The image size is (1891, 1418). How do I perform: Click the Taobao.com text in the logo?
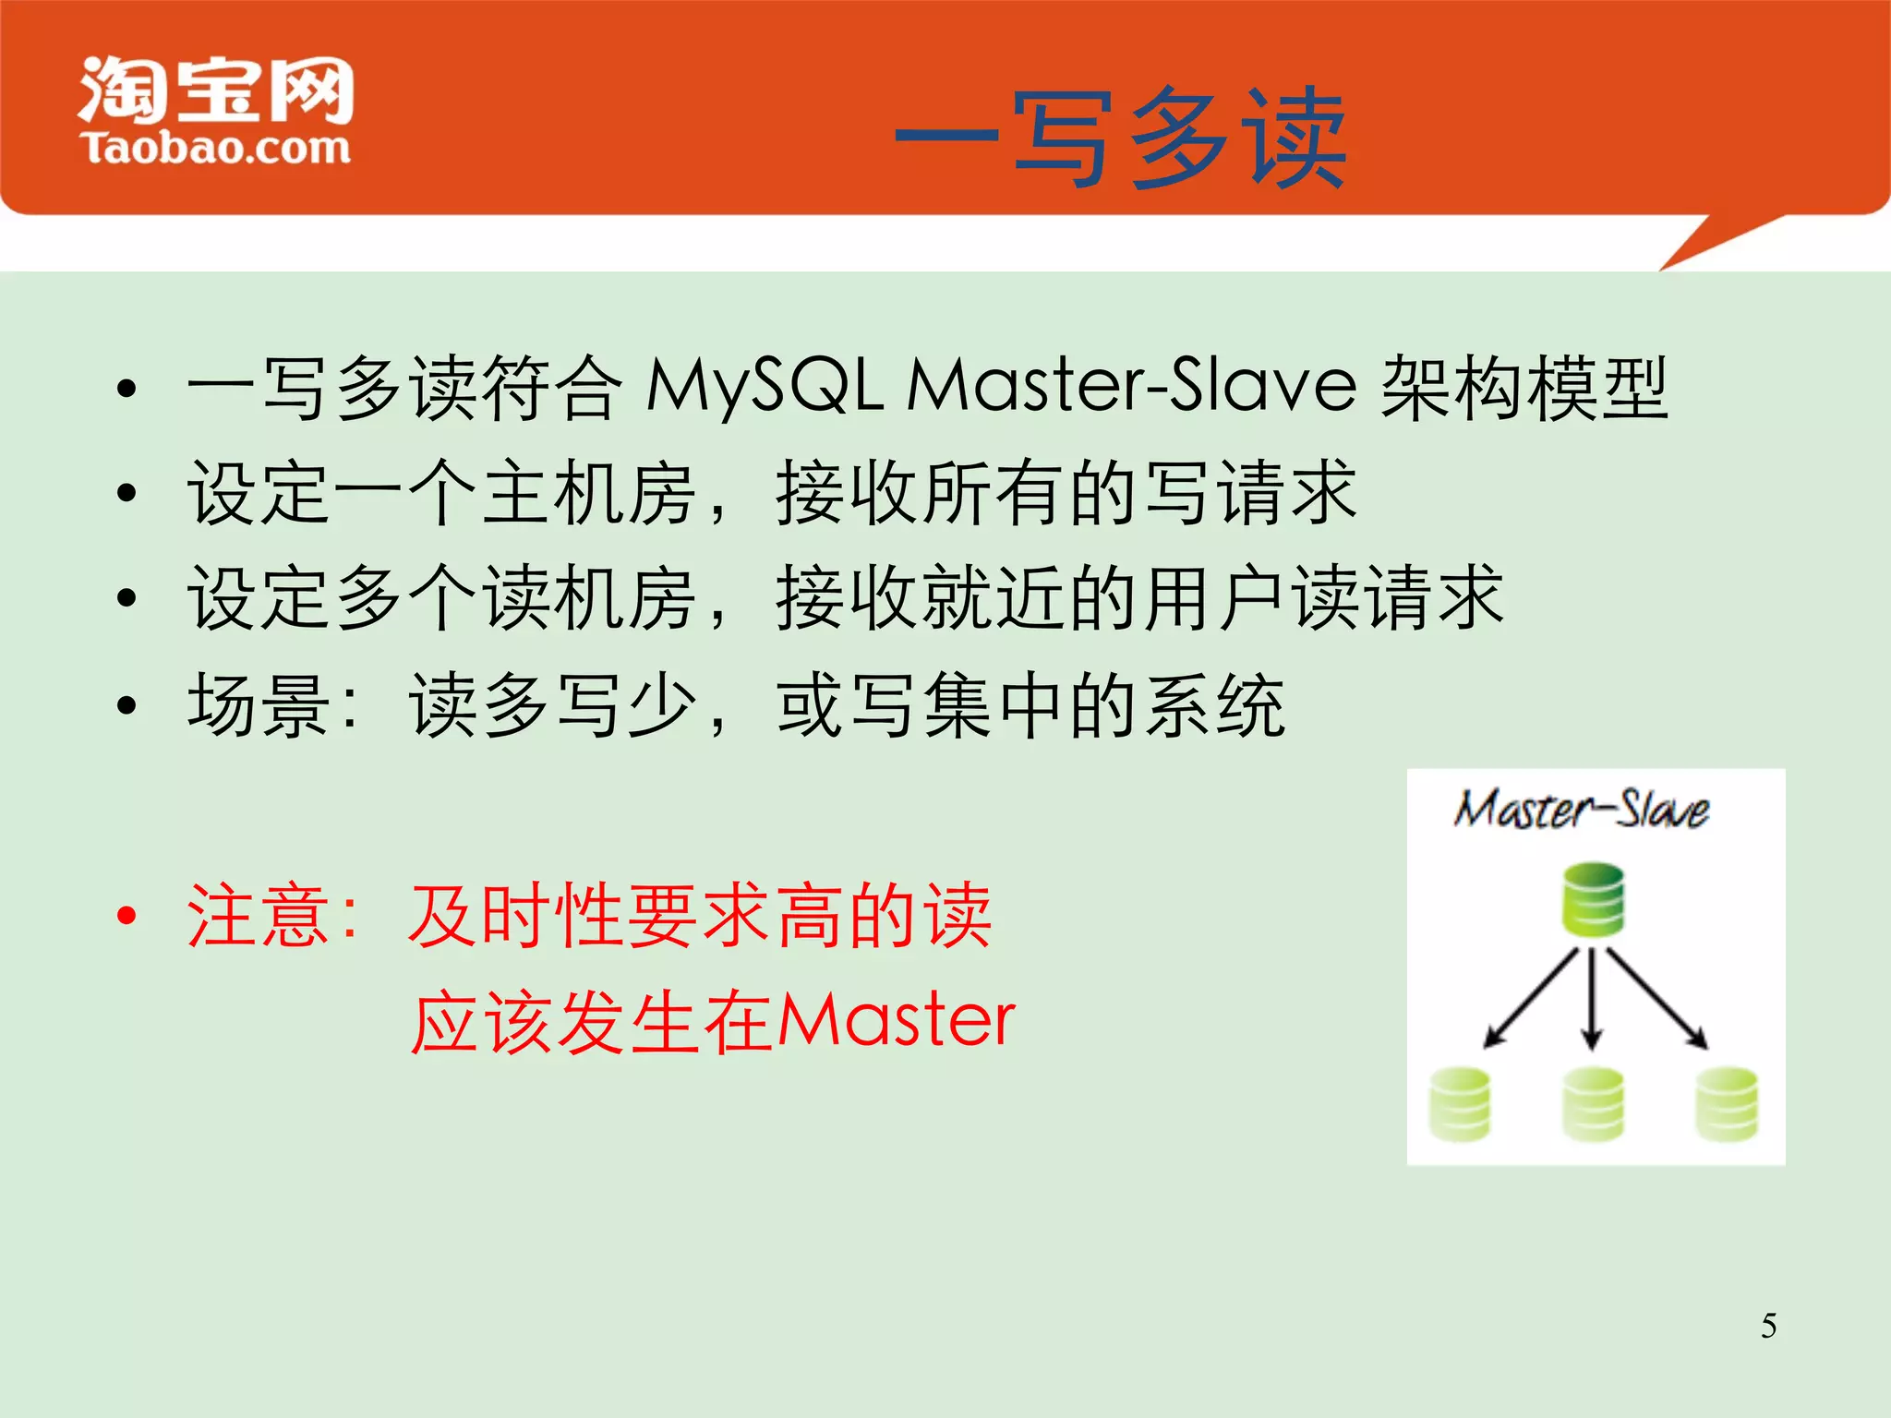tap(216, 149)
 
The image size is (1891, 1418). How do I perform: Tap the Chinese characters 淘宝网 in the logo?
tap(216, 90)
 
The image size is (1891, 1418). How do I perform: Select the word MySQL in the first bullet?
tap(765, 386)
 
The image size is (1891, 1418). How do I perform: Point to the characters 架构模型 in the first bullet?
tap(1524, 388)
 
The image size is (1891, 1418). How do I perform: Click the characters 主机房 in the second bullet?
tap(589, 493)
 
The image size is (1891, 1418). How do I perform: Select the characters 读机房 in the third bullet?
tap(589, 598)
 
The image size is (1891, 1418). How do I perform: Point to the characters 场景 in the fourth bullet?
tap(259, 705)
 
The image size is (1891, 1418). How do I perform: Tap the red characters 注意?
tap(259, 916)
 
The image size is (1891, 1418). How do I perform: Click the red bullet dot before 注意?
tap(127, 916)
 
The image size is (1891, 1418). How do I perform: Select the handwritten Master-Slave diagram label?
tap(1581, 811)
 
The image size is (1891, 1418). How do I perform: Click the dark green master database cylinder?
tap(1593, 899)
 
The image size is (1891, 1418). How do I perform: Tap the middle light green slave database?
tap(1593, 1104)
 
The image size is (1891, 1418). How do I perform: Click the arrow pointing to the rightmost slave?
tap(1658, 999)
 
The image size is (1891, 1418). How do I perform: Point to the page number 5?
tap(1768, 1326)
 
